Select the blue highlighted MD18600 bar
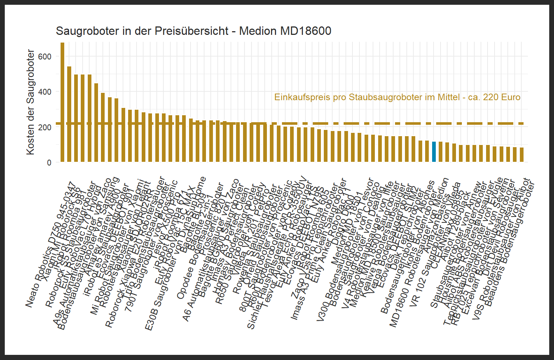click(x=434, y=152)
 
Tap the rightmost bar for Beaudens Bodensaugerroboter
click(x=522, y=154)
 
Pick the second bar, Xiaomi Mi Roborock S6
click(x=69, y=114)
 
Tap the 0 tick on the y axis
click(x=49, y=163)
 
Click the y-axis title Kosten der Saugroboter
click(x=30, y=102)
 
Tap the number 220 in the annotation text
click(x=490, y=97)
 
